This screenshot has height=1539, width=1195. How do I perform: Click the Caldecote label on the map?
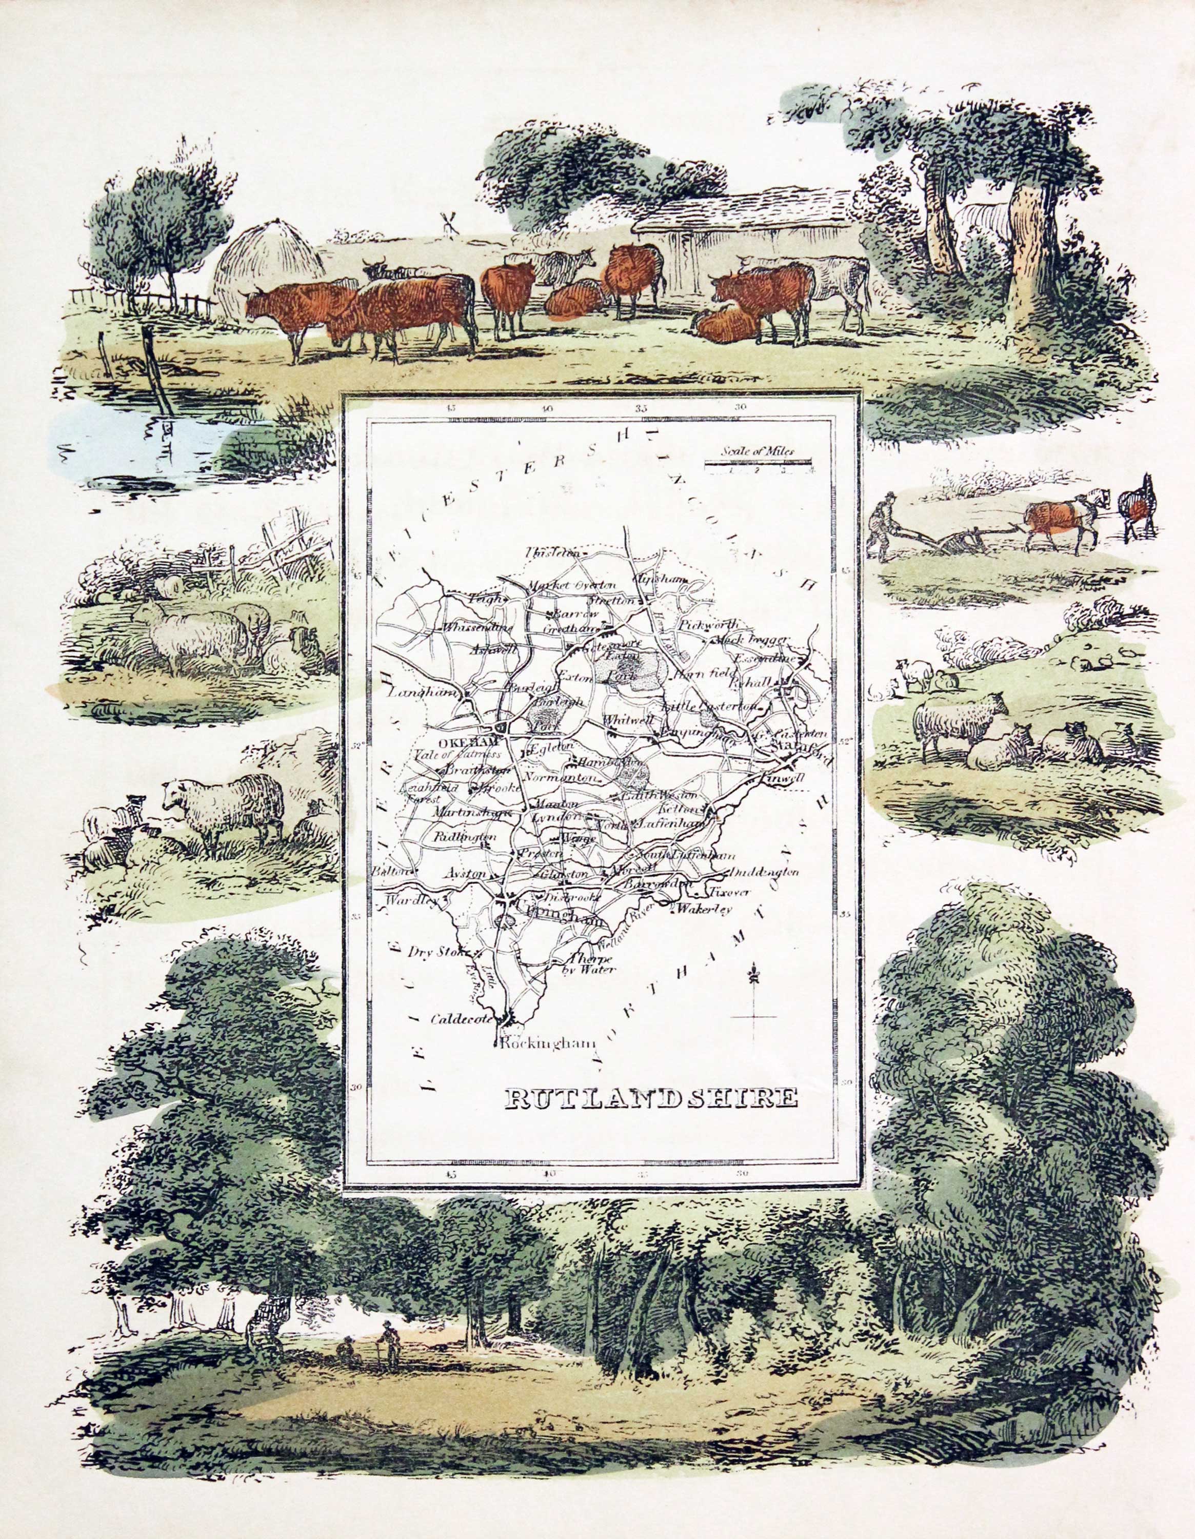coord(460,1018)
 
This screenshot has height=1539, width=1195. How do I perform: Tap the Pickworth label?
coord(709,624)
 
